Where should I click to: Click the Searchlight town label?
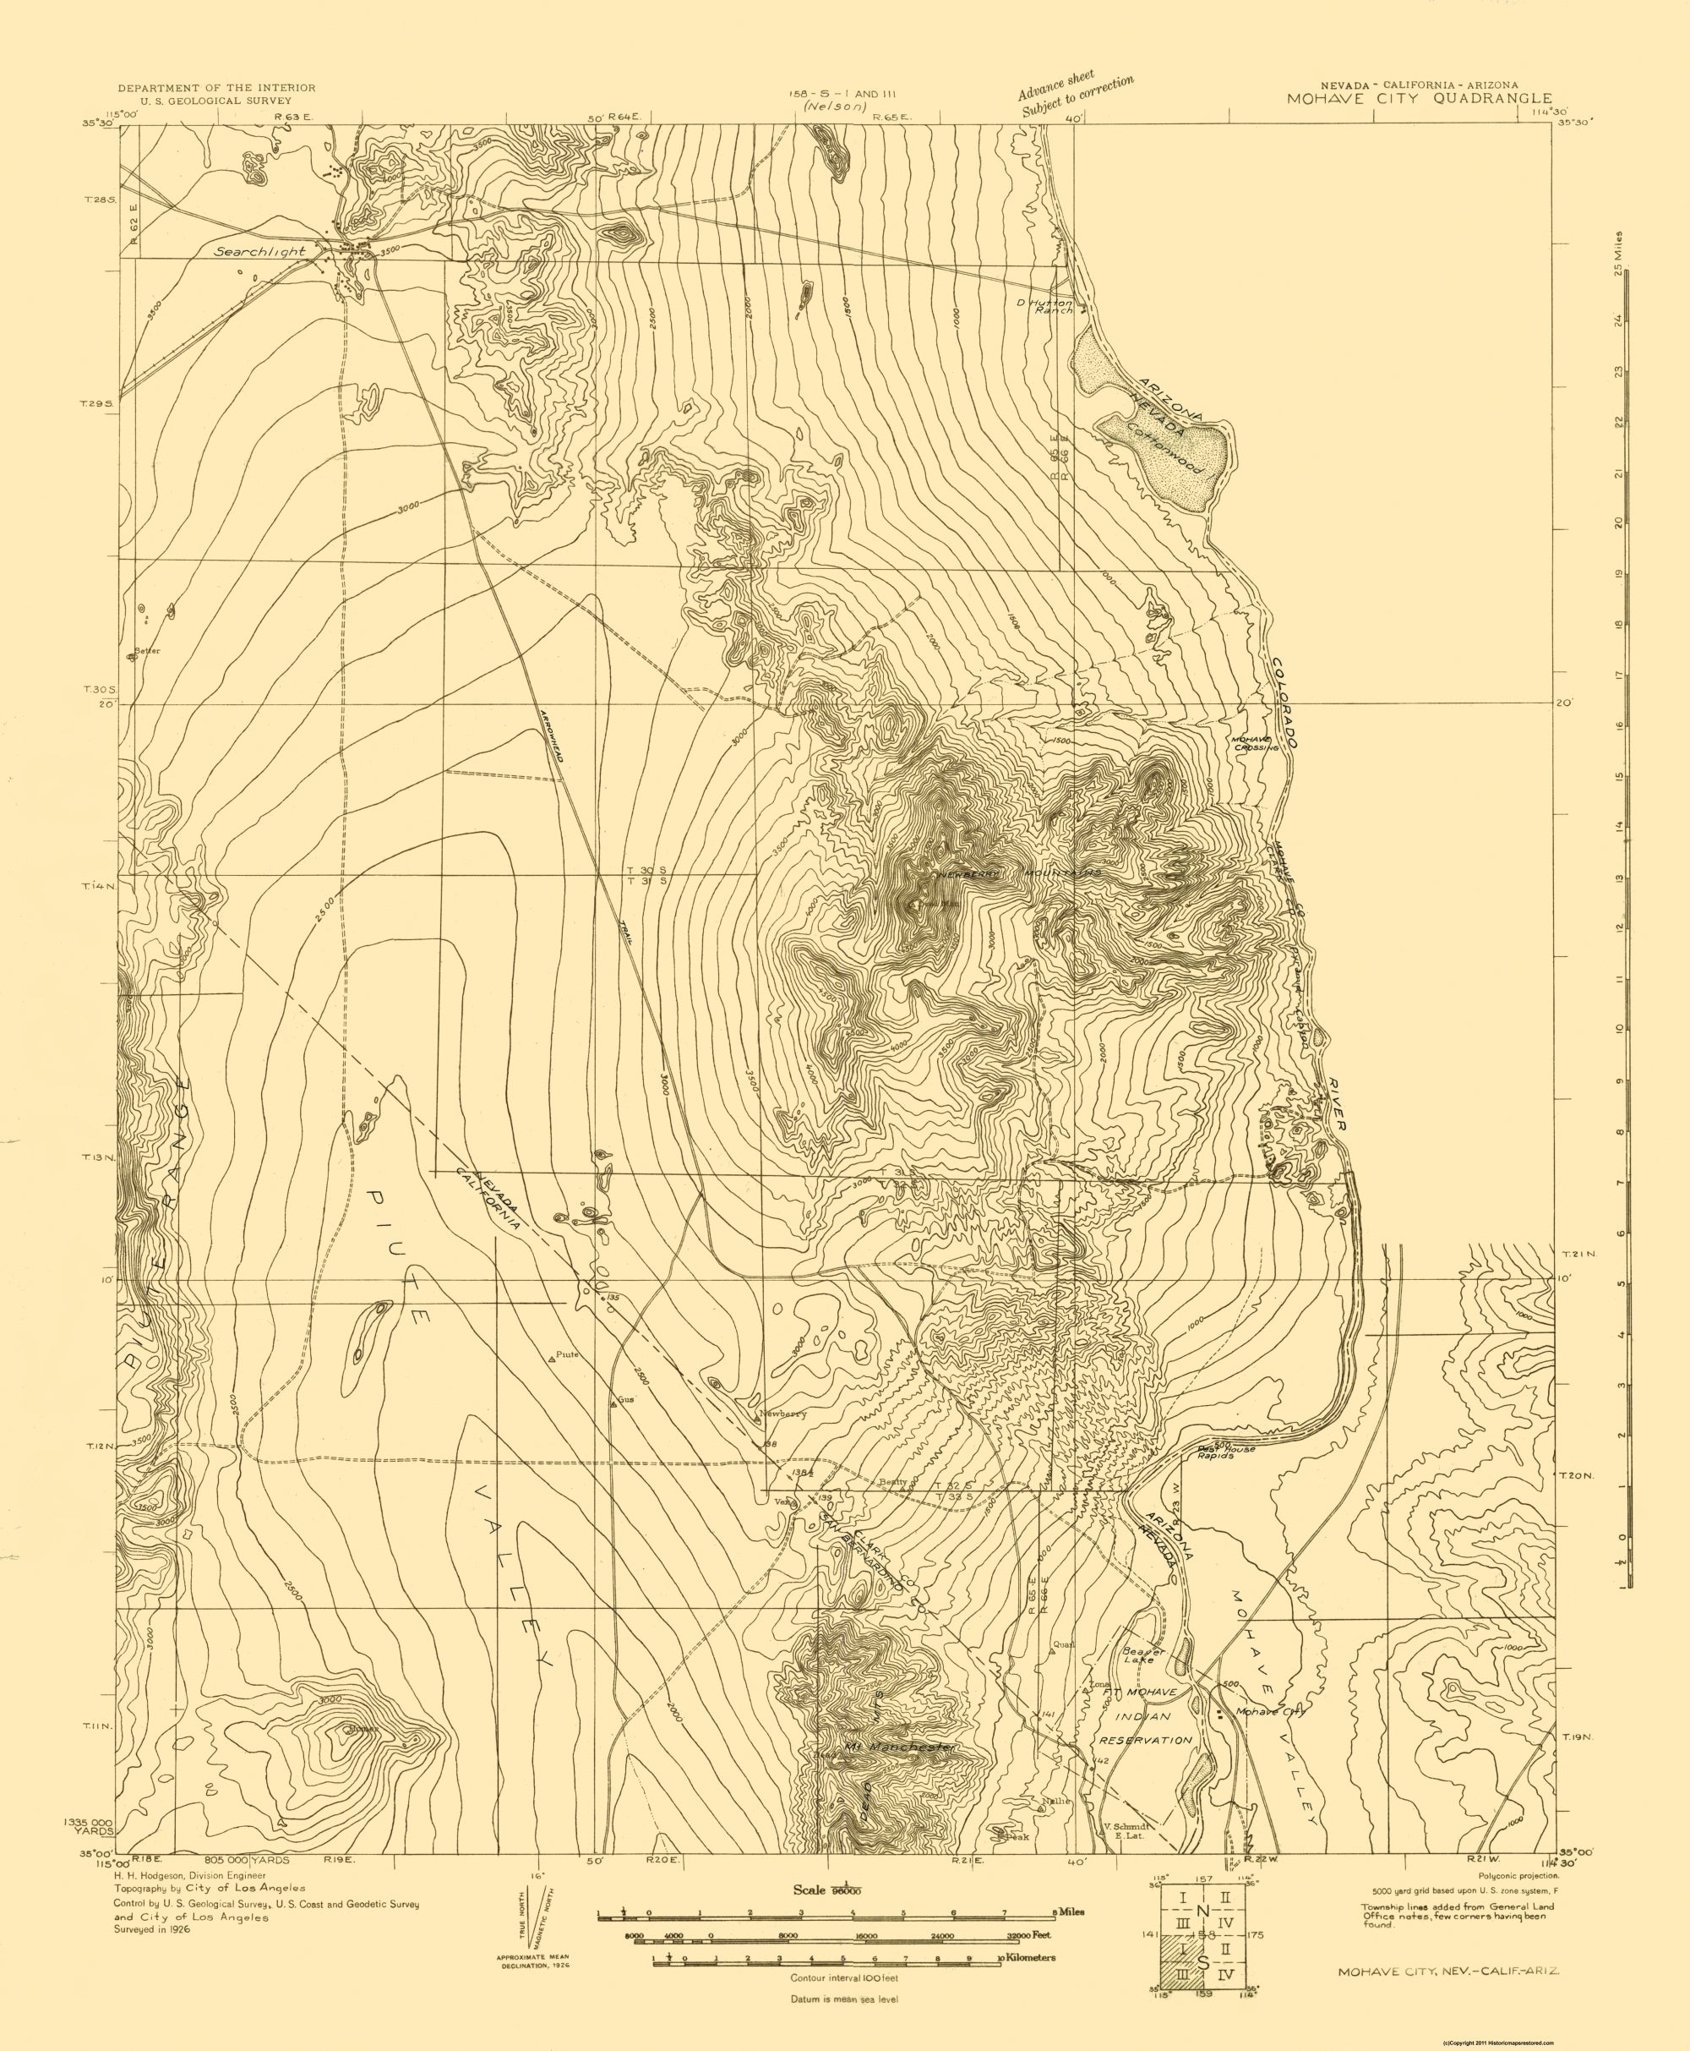click(x=260, y=251)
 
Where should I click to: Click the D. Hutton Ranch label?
click(x=1045, y=306)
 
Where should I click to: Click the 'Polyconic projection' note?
click(x=1518, y=1874)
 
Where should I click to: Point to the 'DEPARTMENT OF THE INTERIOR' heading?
click(x=216, y=88)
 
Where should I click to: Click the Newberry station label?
click(x=782, y=1415)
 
